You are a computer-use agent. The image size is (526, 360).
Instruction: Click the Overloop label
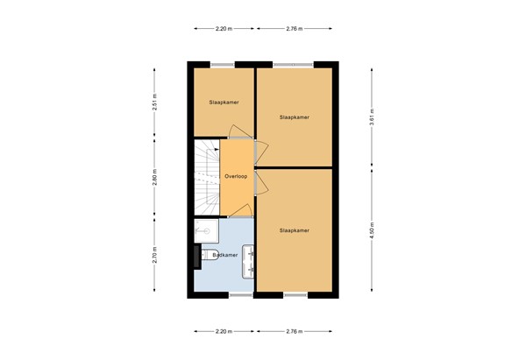coord(235,176)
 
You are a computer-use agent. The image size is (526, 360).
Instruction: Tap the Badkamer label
coord(225,255)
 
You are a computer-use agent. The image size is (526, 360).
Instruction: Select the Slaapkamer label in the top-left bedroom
coord(224,102)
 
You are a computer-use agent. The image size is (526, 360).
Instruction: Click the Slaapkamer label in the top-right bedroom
coord(294,116)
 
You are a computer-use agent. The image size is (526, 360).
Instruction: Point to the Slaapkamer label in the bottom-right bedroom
coord(294,230)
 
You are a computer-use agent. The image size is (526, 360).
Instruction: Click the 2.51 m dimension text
coord(155,102)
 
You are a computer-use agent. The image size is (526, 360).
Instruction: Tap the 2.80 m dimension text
coord(155,178)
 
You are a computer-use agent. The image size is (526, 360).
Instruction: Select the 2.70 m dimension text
coord(155,255)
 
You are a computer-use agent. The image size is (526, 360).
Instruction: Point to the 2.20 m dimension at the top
coord(224,29)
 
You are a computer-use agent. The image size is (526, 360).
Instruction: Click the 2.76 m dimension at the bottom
coord(294,332)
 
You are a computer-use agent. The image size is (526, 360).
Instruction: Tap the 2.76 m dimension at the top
coord(294,29)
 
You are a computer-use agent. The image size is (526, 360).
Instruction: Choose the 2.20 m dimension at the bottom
coord(224,332)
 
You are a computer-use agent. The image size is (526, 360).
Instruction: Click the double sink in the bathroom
coord(249,258)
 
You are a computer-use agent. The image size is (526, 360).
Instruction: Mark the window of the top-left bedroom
coord(223,64)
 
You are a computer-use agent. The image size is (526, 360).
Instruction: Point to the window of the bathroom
coord(241,296)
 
